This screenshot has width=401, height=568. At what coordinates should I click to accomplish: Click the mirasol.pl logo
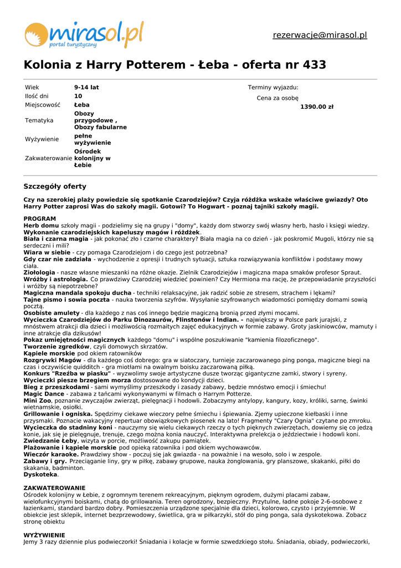pos(84,34)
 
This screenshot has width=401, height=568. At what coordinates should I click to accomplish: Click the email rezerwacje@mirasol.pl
pos(320,35)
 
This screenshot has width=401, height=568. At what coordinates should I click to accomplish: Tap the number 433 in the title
pos(314,65)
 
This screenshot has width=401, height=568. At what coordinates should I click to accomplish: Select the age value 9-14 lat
pos(86,88)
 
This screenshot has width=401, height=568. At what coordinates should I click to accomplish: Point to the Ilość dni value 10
pos(78,96)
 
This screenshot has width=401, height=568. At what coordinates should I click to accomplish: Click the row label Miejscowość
pos(42,105)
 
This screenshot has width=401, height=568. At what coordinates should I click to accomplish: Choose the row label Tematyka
pos(39,120)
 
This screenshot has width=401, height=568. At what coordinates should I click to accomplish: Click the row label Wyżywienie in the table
pos(42,139)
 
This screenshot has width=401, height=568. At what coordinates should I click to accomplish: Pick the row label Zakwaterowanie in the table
pos(48,158)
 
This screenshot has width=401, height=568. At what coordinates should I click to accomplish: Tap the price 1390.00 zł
pos(317,107)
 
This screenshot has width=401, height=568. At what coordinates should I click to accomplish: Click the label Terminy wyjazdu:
pos(273,88)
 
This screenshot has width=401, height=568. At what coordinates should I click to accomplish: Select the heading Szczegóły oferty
pos(55,186)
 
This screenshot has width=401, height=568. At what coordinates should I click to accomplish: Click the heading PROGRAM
pos(40,219)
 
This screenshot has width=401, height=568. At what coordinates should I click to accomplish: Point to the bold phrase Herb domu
pos(41,226)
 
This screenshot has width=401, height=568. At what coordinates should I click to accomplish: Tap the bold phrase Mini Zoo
pos(37,400)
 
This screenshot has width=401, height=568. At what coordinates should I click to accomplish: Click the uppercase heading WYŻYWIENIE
pos(44,535)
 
